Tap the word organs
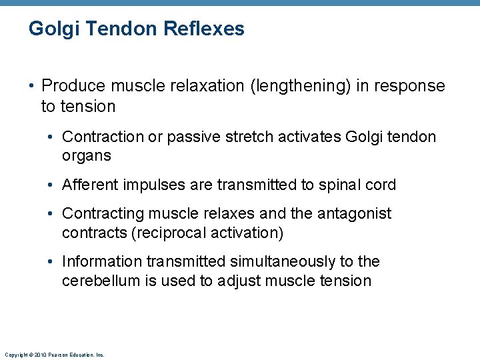click(x=87, y=156)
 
